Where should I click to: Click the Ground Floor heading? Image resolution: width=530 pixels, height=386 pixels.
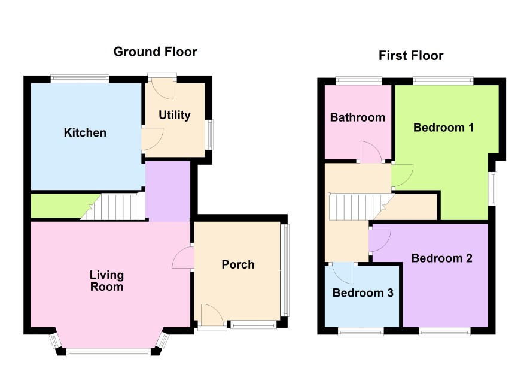155,52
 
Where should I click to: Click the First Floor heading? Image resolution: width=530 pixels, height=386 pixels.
411,56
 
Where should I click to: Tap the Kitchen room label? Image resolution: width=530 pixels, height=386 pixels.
85,132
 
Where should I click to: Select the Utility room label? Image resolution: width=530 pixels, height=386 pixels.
175,116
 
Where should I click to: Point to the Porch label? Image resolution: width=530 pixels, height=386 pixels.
238,264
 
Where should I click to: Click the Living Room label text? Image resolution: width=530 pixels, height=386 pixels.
107,281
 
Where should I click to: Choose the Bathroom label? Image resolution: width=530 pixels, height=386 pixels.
358,117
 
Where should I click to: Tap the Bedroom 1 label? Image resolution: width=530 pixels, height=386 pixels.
443,128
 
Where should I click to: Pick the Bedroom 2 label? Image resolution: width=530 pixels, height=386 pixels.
442,258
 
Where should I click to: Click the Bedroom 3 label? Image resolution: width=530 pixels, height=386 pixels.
363,293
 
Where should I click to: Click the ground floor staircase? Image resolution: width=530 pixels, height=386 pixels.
113,207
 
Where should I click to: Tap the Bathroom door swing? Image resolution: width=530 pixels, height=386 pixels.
370,152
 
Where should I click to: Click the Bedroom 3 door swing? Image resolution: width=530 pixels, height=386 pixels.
343,273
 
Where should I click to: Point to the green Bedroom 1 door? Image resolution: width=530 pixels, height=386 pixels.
403,176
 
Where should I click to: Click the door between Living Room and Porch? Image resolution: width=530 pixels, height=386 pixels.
183,257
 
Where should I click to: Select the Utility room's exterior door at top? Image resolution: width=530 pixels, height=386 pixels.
162,88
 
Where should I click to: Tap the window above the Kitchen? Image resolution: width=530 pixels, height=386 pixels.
80,79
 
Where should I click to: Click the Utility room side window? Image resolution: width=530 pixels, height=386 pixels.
210,134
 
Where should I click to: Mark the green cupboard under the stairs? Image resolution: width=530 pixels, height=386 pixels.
61,206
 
